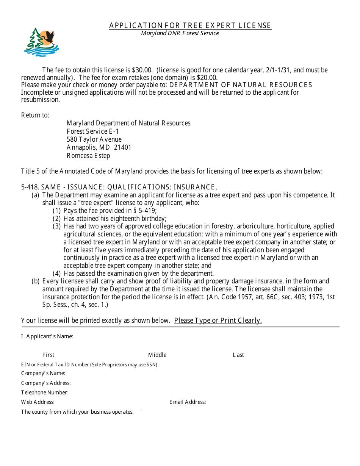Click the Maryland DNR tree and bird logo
41,42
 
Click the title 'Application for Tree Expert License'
190,25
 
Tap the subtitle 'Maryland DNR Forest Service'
180,33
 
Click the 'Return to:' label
35,115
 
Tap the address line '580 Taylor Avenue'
94,139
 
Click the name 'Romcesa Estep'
88,156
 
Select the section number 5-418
30,187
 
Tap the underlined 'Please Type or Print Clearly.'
218,321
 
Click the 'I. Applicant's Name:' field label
47,336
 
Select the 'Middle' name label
157,355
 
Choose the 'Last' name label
238,355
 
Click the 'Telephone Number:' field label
45,393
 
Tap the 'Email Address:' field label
188,402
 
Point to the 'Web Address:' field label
38,402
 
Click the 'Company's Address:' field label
46,383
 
